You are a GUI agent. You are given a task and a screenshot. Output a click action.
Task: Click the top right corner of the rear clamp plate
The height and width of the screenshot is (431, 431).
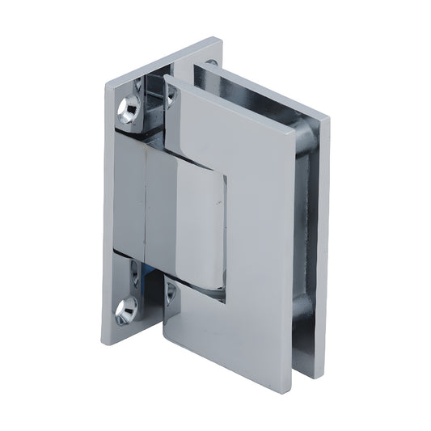point(330,120)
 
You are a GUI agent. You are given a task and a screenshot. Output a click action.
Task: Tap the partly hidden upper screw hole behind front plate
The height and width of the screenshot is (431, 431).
point(171,95)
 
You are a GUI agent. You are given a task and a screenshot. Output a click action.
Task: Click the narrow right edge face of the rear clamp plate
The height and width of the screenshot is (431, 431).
point(324,243)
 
